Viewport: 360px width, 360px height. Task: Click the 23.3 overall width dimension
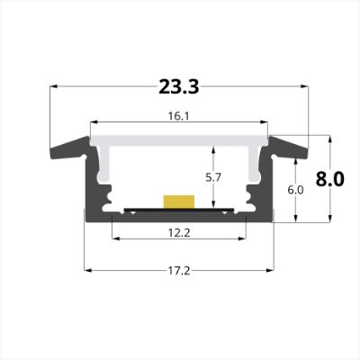click(x=179, y=86)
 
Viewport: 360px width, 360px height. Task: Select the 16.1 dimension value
click(x=178, y=116)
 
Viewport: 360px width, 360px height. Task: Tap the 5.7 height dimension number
click(x=213, y=177)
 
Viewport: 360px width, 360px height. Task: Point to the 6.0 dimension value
click(x=295, y=190)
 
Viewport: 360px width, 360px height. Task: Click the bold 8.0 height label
click(x=329, y=179)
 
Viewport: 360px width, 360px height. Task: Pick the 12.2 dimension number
click(x=179, y=232)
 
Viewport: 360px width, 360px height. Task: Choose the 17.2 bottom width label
click(x=179, y=271)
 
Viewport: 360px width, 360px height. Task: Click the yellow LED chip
click(x=179, y=202)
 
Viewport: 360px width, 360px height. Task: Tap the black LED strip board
click(x=179, y=210)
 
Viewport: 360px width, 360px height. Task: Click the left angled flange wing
click(x=69, y=148)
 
